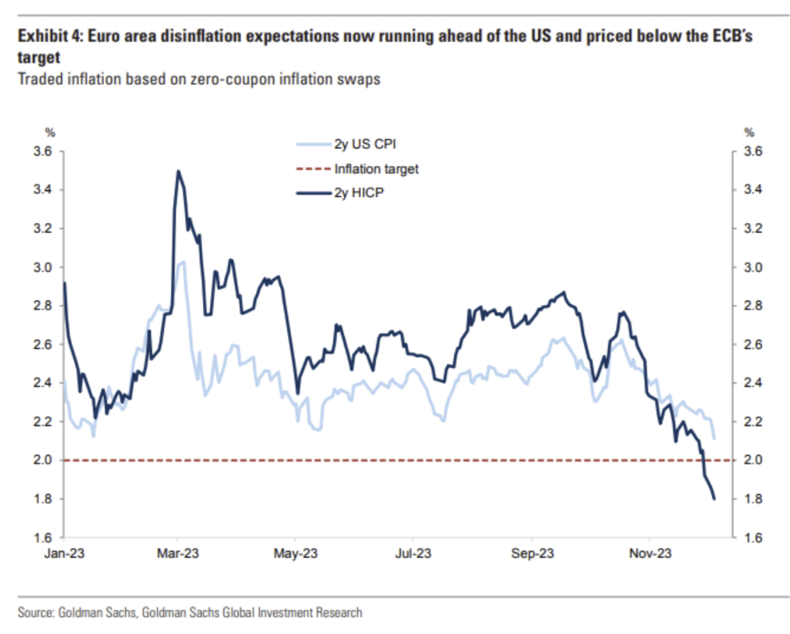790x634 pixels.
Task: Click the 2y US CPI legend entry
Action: pyautogui.click(x=365, y=145)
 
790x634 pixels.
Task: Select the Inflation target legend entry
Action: pyautogui.click(x=376, y=169)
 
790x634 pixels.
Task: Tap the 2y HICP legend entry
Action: pyautogui.click(x=358, y=193)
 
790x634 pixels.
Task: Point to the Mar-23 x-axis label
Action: pyautogui.click(x=178, y=554)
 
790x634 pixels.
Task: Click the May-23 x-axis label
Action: pyautogui.click(x=295, y=554)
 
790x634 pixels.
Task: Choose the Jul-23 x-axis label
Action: pyautogui.click(x=413, y=554)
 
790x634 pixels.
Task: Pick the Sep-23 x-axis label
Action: pyautogui.click(x=532, y=554)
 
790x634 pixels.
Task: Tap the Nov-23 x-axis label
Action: pyautogui.click(x=650, y=554)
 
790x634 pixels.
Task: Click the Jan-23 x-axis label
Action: pyautogui.click(x=64, y=554)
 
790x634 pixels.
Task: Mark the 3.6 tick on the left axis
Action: pyautogui.click(x=43, y=152)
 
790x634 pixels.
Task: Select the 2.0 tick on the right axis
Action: pyautogui.click(x=753, y=460)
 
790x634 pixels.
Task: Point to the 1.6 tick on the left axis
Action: pyautogui.click(x=43, y=538)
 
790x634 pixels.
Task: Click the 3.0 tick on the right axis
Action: pyautogui.click(x=753, y=267)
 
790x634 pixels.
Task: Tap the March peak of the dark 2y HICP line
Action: pyautogui.click(x=178, y=171)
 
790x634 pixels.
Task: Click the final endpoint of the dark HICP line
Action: pyautogui.click(x=714, y=499)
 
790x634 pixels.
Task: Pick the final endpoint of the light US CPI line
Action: pyautogui.click(x=714, y=438)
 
